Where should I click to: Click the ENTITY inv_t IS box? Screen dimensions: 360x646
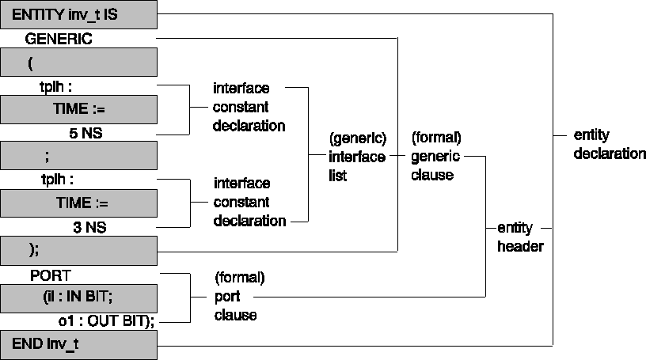[78, 14]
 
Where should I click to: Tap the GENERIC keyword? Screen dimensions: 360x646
[59, 38]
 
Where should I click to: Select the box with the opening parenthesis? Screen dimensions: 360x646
[78, 62]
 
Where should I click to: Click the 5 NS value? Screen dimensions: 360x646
[85, 134]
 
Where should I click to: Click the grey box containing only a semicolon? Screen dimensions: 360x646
[78, 156]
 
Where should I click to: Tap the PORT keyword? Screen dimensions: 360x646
[51, 275]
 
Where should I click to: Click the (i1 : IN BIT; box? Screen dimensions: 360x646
[78, 298]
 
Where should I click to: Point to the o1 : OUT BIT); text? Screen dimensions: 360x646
[101, 321]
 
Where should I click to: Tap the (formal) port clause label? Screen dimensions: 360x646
[238, 297]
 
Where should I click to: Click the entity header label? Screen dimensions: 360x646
[519, 237]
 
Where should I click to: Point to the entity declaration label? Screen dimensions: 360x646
[609, 144]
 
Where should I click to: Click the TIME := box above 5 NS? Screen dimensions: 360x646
[78, 108]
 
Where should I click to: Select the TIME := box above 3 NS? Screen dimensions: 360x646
[78, 203]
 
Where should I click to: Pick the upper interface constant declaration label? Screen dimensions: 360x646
[249, 107]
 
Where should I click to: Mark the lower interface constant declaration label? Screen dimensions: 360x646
[249, 202]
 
